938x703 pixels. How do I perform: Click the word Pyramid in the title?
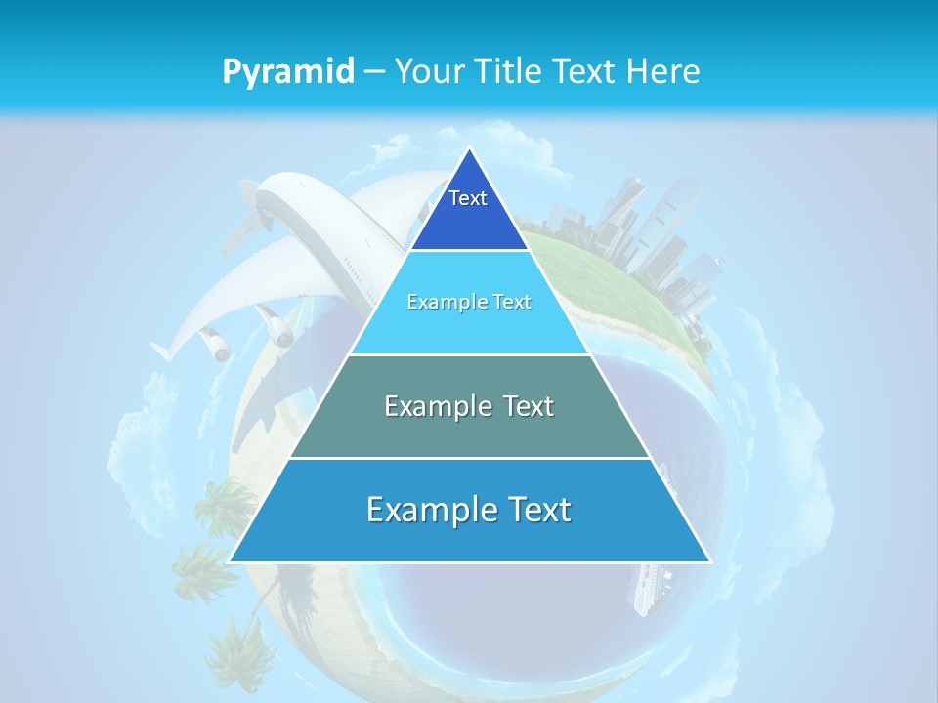click(288, 72)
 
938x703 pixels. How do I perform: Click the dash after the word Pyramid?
click(374, 72)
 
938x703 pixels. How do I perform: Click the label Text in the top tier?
click(468, 198)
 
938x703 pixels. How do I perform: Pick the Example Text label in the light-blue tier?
click(469, 302)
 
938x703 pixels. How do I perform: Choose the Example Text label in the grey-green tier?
click(469, 405)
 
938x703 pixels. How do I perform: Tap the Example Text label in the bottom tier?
click(469, 510)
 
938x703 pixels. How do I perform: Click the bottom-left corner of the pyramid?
click(231, 561)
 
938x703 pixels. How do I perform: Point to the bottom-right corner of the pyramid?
click(709, 561)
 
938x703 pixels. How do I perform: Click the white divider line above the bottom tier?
click(469, 458)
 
